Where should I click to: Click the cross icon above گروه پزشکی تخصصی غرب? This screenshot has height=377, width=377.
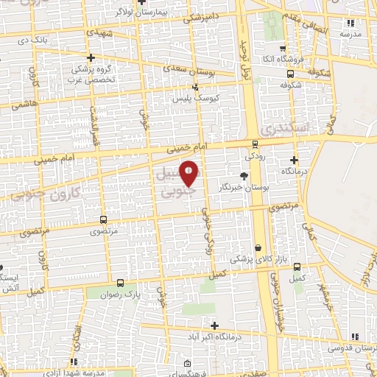pyautogui.click(x=91, y=57)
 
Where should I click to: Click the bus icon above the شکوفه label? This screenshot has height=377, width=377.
pyautogui.click(x=291, y=74)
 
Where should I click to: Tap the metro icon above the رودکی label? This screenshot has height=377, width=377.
pyautogui.click(x=255, y=144)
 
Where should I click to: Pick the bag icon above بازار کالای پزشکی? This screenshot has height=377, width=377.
pyautogui.click(x=258, y=247)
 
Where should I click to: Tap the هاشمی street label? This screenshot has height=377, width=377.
pyautogui.click(x=24, y=105)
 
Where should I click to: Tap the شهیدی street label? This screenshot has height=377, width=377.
pyautogui.click(x=101, y=32)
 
